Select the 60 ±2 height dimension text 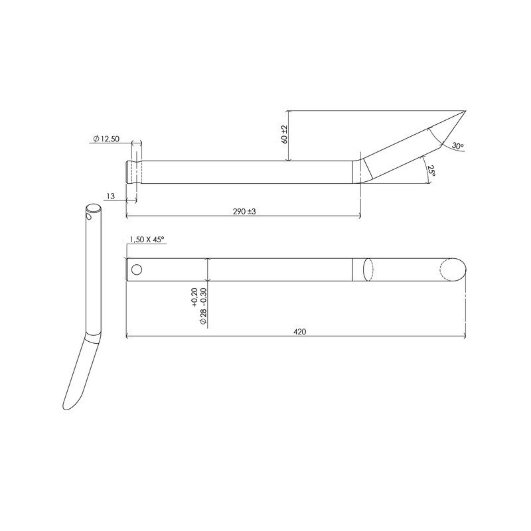point(284,135)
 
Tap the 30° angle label point(457,145)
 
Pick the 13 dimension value point(110,196)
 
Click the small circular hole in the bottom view point(137,269)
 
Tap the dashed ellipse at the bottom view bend point(369,269)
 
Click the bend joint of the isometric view point(92,337)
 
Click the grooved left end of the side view point(133,172)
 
